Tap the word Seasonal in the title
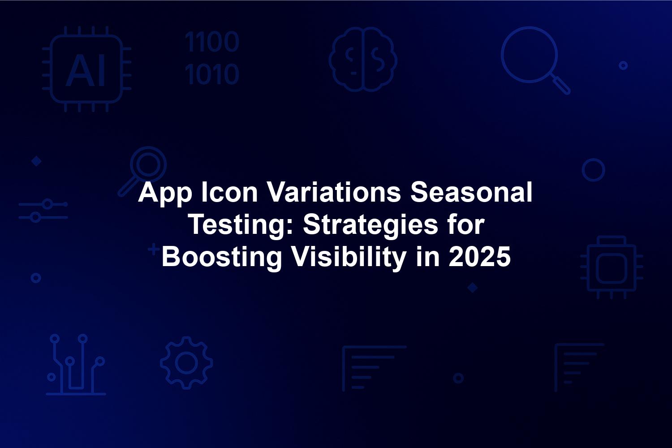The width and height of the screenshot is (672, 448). (x=471, y=192)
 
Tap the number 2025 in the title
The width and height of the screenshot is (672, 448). (x=480, y=257)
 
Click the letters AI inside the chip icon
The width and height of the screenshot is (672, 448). (x=86, y=70)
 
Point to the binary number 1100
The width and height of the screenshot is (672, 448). (x=212, y=41)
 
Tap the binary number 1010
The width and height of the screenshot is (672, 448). (x=212, y=74)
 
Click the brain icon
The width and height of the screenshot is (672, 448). (x=363, y=59)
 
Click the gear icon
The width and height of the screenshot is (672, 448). (x=186, y=363)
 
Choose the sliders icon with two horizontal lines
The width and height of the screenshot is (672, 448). (x=43, y=211)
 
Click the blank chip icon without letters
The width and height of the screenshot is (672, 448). (x=612, y=267)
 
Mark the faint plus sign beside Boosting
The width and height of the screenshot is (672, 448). (x=154, y=249)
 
